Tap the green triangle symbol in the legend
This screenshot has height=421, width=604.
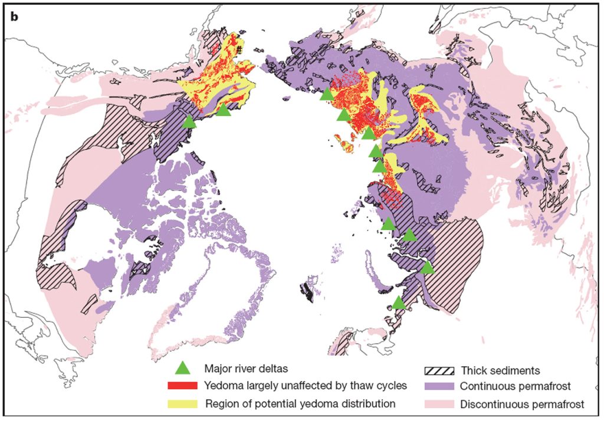(184, 369)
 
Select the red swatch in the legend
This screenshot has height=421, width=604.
(184, 386)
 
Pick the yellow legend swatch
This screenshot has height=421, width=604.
(184, 404)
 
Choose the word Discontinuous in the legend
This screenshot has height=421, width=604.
(492, 404)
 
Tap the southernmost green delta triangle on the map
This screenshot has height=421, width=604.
(399, 303)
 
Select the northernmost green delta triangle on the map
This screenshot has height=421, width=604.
(326, 94)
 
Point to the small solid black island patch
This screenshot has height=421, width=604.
(307, 290)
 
